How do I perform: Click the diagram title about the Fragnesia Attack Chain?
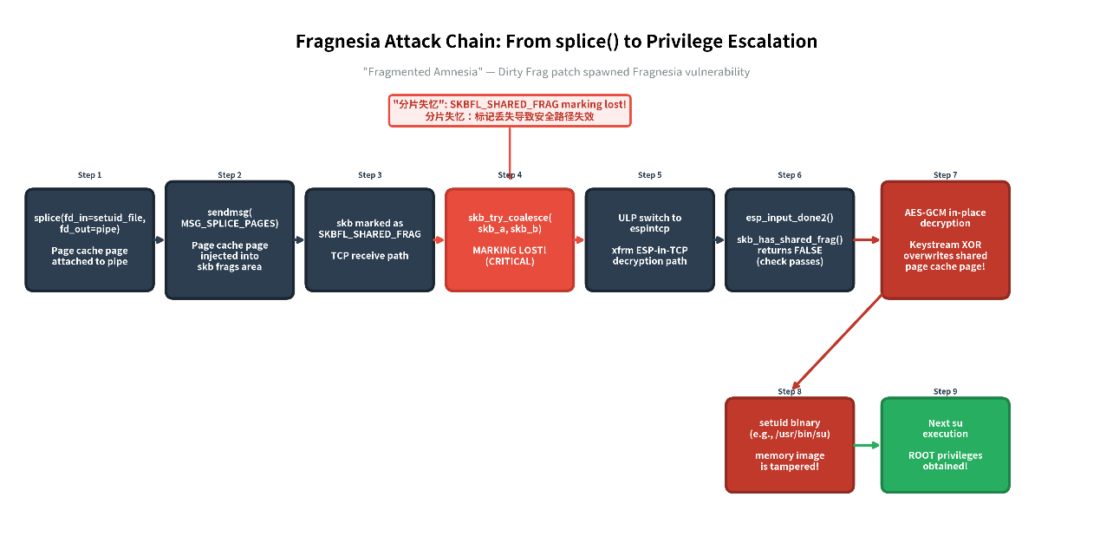(x=556, y=42)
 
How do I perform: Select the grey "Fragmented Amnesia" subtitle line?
(x=556, y=72)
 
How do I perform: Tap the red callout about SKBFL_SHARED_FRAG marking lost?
(x=510, y=110)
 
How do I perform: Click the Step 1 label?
(x=89, y=175)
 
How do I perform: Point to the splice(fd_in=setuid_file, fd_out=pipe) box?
(x=90, y=239)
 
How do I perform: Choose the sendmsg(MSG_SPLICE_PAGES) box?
(x=230, y=239)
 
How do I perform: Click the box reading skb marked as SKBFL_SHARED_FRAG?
(x=369, y=239)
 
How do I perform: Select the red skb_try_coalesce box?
(x=510, y=239)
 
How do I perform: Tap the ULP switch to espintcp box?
(x=650, y=239)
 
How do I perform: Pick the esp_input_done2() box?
(x=790, y=239)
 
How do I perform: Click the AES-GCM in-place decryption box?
(x=946, y=239)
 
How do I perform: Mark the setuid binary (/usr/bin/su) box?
(x=790, y=445)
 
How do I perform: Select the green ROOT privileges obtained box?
(x=946, y=445)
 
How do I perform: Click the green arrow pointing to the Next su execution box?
(x=867, y=445)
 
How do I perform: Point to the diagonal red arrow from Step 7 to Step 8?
(x=837, y=341)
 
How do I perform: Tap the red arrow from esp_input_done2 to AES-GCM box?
(x=867, y=239)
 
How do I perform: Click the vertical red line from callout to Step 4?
(x=510, y=153)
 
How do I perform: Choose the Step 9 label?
(x=945, y=391)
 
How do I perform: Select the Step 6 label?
(x=790, y=175)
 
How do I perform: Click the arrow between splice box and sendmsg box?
(x=159, y=239)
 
